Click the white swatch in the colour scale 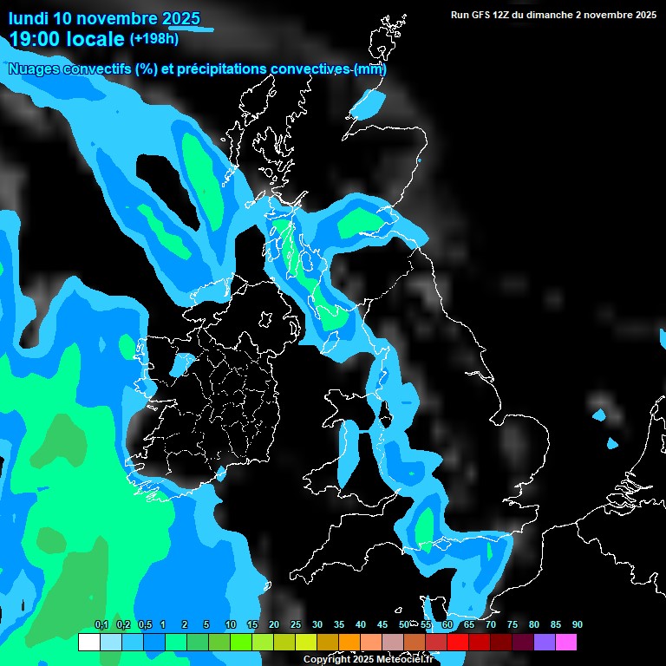(88, 642)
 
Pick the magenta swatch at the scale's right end (566, 642)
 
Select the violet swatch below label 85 (545, 642)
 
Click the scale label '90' (578, 624)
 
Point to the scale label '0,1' (101, 624)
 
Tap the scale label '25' (296, 624)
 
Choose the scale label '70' (491, 624)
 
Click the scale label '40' (361, 624)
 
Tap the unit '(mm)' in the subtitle (370, 69)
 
